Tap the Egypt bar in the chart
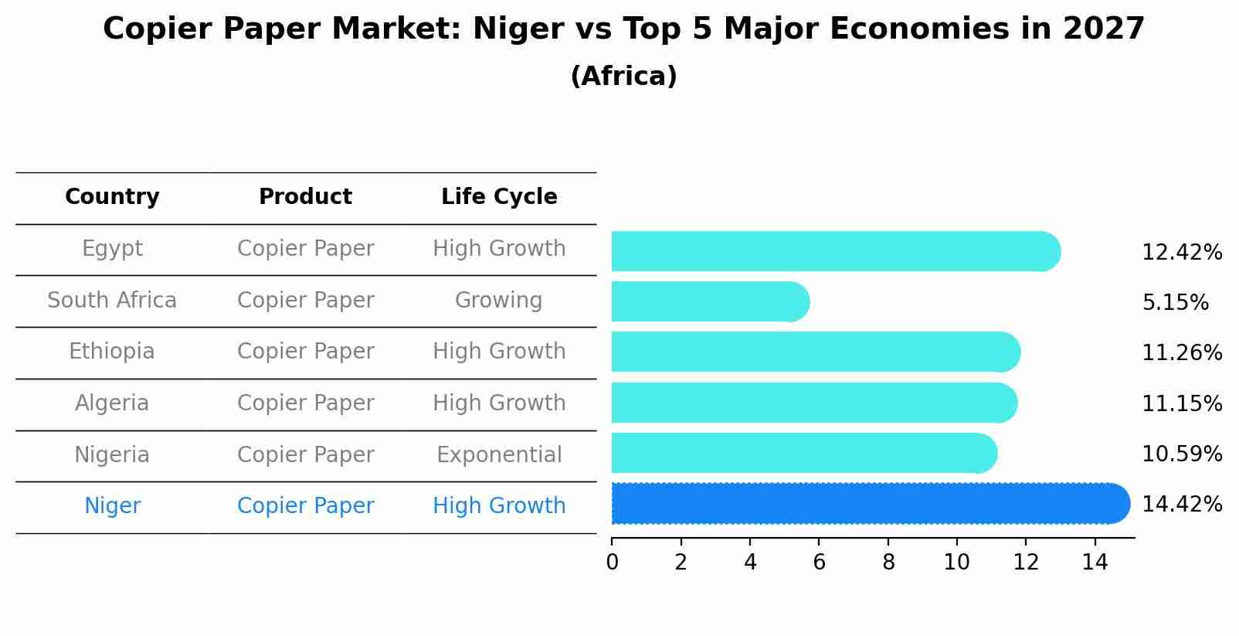[834, 251]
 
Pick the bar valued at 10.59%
[803, 453]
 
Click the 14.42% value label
[1181, 505]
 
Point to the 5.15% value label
[1175, 303]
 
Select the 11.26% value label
[1181, 353]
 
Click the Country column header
[112, 197]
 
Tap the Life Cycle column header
[499, 197]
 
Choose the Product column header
[305, 197]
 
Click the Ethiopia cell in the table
[112, 352]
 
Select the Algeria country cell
[112, 403]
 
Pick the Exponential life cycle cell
[499, 454]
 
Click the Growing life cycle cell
[499, 300]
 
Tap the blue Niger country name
[112, 506]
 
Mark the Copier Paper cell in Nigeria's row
[305, 454]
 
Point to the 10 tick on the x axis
[956, 563]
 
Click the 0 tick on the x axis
[612, 563]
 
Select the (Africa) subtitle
[623, 77]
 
